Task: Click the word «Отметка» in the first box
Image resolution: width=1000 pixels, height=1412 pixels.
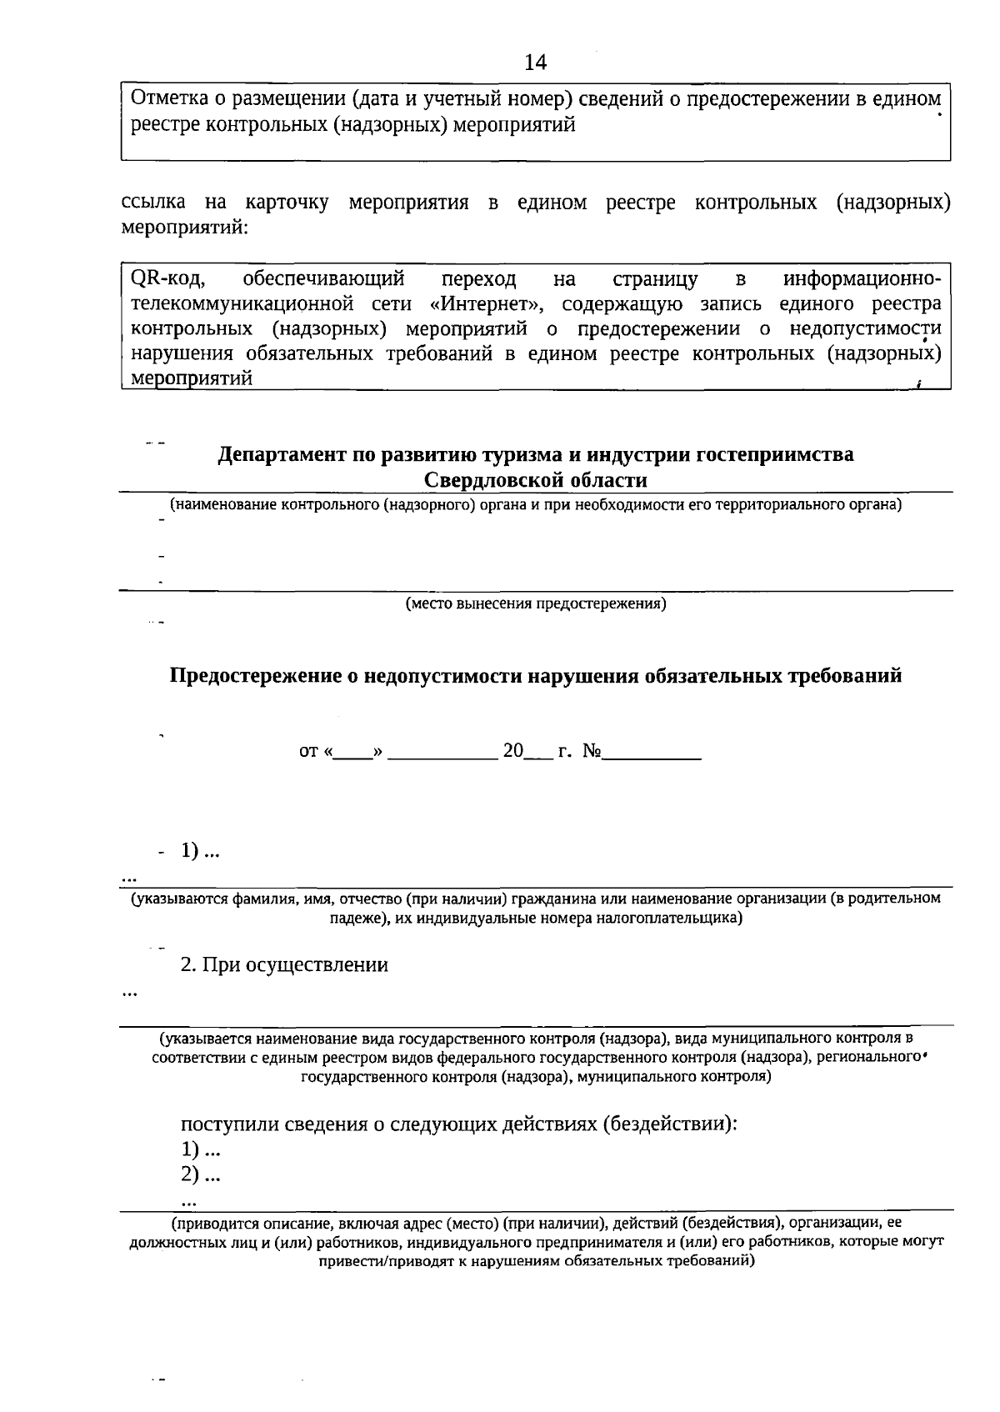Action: click(165, 100)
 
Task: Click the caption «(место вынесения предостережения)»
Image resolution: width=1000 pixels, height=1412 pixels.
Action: click(536, 603)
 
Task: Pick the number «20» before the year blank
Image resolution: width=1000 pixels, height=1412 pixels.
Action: click(512, 751)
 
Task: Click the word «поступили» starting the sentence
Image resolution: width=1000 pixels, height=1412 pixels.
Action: click(222, 1124)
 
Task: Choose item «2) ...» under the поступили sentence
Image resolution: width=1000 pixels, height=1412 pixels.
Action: click(201, 1174)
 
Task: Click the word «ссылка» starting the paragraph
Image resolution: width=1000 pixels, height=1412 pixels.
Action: click(153, 203)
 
